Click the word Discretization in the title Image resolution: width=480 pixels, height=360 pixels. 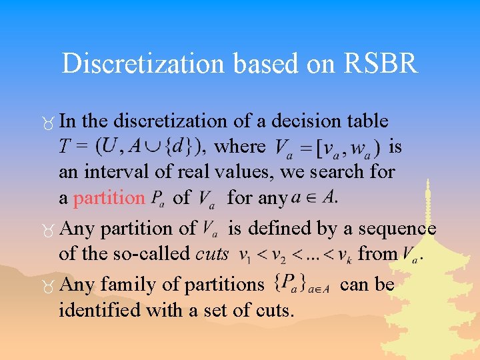[x=133, y=63]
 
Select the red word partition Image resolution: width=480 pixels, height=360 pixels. [x=109, y=198]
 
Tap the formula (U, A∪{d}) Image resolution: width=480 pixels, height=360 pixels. [x=149, y=145]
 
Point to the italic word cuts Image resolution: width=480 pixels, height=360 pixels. [x=212, y=254]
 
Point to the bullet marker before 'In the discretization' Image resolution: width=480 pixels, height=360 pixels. [x=47, y=122]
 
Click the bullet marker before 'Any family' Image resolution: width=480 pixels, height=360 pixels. [x=47, y=286]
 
